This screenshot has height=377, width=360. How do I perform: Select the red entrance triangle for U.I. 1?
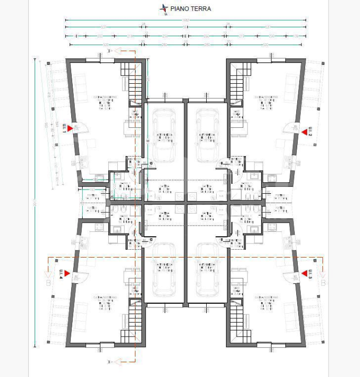(69, 128)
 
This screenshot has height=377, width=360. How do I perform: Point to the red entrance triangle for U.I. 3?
(303, 274)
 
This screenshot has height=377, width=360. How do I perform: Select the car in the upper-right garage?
(207, 136)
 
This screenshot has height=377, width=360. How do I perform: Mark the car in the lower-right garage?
(207, 270)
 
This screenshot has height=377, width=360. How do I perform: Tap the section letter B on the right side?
(324, 283)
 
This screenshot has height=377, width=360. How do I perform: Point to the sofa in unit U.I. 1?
(82, 87)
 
